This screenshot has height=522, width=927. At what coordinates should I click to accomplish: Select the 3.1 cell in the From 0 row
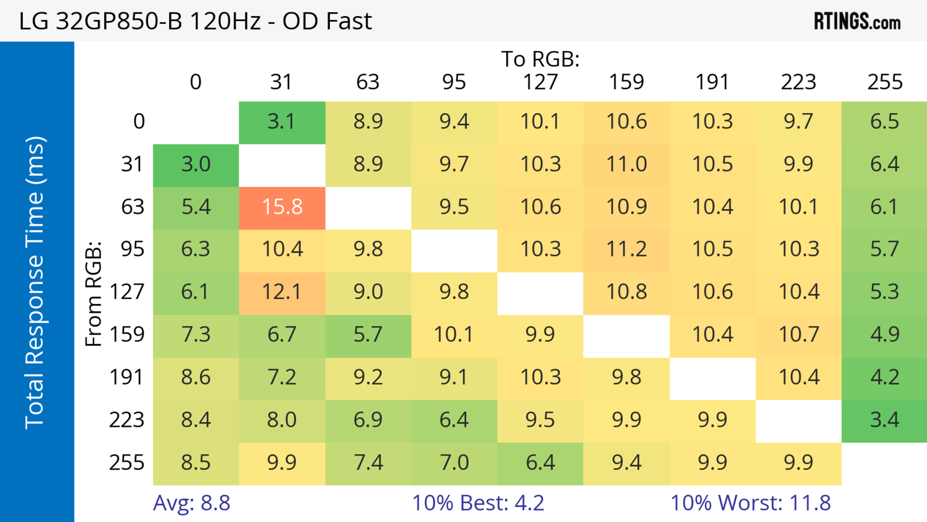(x=282, y=122)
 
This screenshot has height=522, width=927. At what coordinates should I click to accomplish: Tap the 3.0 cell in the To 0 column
(x=196, y=164)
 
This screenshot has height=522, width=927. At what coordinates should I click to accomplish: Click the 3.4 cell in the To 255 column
(x=884, y=420)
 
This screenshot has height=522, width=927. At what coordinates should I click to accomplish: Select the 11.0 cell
(x=626, y=164)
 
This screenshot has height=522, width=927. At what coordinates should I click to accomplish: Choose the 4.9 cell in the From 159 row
(x=884, y=335)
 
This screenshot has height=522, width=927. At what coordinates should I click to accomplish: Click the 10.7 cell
(x=799, y=335)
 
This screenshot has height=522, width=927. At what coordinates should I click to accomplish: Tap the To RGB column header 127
(x=540, y=82)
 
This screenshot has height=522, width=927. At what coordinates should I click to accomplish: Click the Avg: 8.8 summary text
(x=191, y=503)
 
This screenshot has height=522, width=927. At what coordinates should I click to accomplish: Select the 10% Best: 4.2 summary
(x=478, y=503)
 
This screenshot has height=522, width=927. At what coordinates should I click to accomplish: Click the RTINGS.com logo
(x=857, y=21)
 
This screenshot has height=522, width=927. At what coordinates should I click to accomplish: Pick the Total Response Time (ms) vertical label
(x=35, y=283)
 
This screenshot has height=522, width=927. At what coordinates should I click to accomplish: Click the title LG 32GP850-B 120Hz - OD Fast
(x=195, y=21)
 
